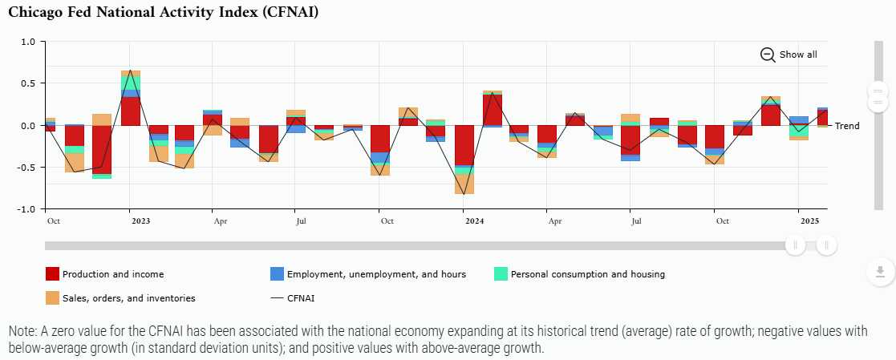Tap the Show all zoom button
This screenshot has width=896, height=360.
pyautogui.click(x=789, y=55)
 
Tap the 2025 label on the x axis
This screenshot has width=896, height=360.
pyautogui.click(x=809, y=220)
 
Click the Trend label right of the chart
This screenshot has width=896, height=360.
pyautogui.click(x=847, y=126)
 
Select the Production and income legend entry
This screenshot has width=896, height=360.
pyautogui.click(x=112, y=274)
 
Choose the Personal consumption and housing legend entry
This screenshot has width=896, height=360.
pyautogui.click(x=587, y=274)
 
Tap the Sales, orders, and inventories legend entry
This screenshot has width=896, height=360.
pyautogui.click(x=128, y=298)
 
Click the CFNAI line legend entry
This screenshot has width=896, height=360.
pyautogui.click(x=302, y=298)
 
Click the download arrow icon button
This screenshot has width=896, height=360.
pyautogui.click(x=879, y=271)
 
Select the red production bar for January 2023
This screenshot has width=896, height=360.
pyautogui.click(x=131, y=111)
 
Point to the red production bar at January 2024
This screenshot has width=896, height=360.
pyautogui.click(x=464, y=145)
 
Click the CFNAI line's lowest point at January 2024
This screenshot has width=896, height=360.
pyautogui.click(x=464, y=194)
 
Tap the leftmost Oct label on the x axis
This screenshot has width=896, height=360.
pyautogui.click(x=53, y=220)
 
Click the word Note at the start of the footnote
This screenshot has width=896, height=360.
pyautogui.click(x=22, y=331)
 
